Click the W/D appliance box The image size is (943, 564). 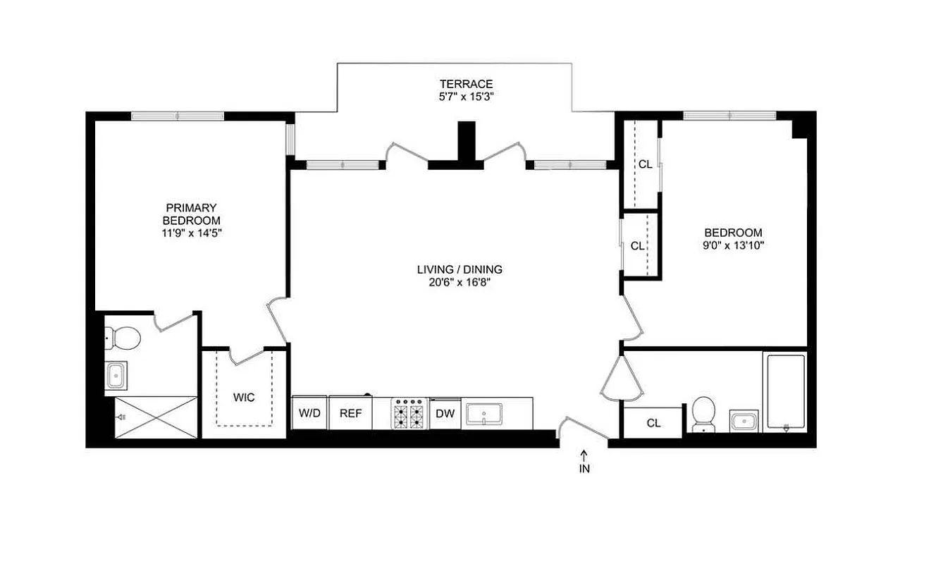(309, 413)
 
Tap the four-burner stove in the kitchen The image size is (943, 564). (410, 413)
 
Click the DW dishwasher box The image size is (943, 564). (445, 413)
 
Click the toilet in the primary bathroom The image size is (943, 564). (126, 338)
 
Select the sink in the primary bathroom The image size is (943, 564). (117, 376)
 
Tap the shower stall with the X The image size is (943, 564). (156, 417)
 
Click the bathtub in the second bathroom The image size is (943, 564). (785, 392)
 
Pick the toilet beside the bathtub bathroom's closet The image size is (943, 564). (703, 414)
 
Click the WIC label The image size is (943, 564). (244, 397)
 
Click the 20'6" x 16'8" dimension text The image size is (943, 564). (459, 283)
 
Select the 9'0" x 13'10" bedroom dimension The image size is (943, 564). (734, 245)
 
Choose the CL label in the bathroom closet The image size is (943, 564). (653, 423)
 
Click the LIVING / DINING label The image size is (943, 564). (459, 269)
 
